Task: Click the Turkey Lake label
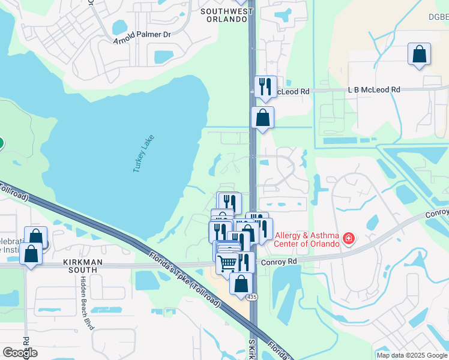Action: pos(143,154)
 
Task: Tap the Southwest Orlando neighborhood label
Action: pos(224,15)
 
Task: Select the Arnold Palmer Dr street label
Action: pos(142,34)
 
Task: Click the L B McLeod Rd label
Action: pos(373,89)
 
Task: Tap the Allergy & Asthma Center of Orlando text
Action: pos(306,239)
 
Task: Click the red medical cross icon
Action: pos(348,240)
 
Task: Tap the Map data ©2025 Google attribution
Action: pos(412,355)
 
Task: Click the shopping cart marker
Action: pos(228,262)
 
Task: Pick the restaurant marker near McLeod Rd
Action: pos(264,86)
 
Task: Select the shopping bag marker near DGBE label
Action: pos(419,54)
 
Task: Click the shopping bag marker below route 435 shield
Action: pos(241,284)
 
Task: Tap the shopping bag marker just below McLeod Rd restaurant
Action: pos(262,117)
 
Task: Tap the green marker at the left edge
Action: pos(1,143)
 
